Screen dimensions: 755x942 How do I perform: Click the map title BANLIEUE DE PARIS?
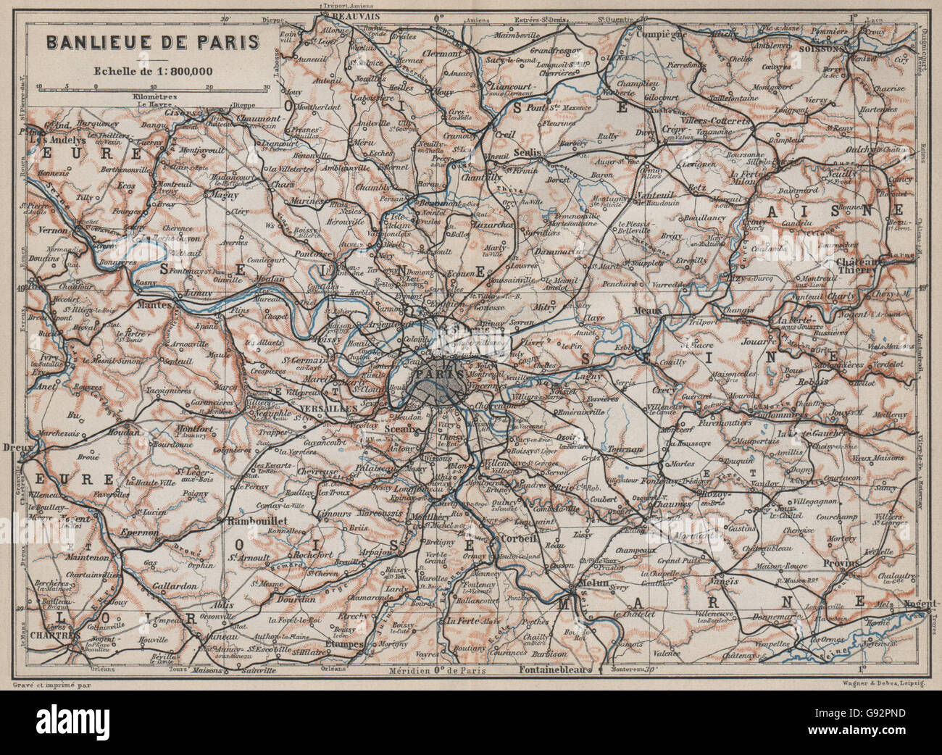point(153,41)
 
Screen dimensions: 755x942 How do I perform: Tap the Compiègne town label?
point(661,33)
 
